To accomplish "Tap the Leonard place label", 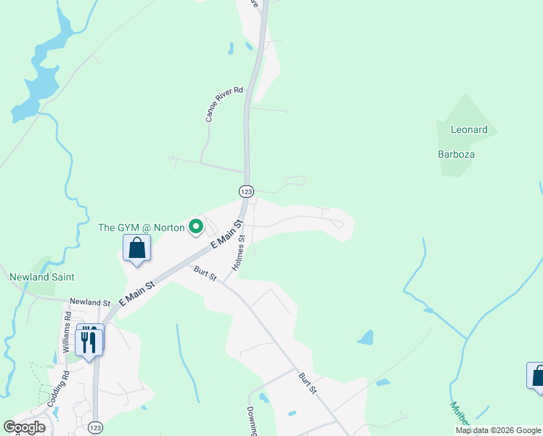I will [469, 130].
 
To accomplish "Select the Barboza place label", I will [456, 154].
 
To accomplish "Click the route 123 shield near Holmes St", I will [246, 191].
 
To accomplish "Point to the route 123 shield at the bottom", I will [95, 429].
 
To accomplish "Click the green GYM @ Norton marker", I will [195, 227].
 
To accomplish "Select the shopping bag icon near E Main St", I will [136, 249].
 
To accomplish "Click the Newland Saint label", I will [41, 277].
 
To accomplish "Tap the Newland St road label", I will [89, 302].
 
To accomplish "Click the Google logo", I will [24, 427].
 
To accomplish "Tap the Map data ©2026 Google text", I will [498, 430].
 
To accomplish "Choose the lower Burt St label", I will [308, 383].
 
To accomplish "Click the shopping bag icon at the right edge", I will [537, 376].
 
